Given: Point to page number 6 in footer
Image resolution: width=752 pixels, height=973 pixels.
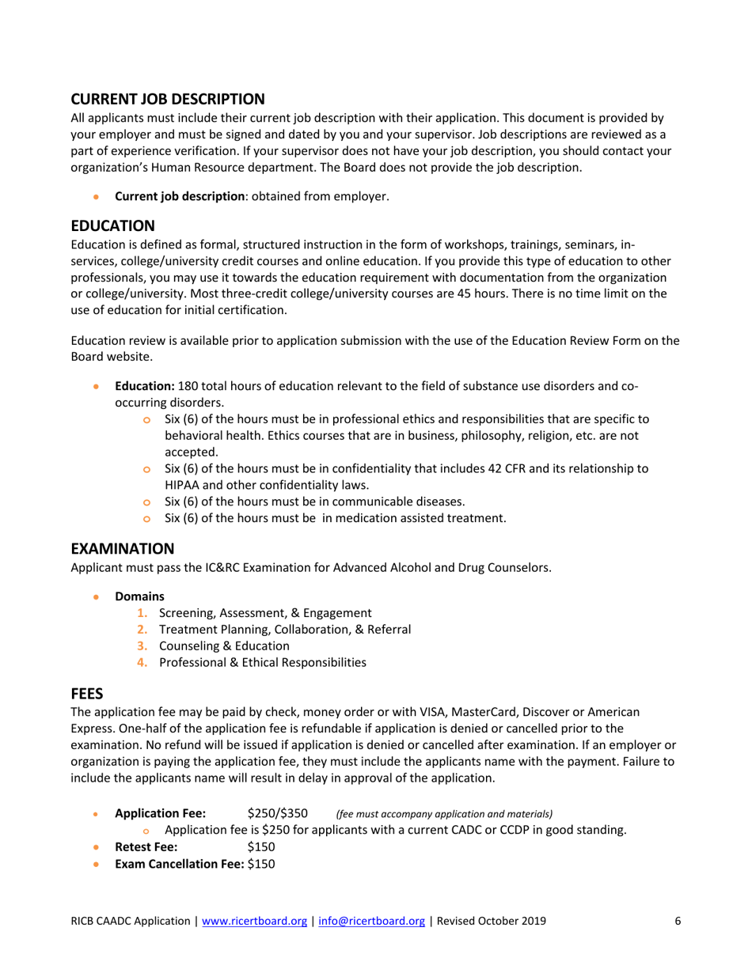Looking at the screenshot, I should pyautogui.click(x=678, y=921).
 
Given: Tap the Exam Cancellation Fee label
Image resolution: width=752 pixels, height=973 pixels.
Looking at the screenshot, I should pyautogui.click(x=180, y=865).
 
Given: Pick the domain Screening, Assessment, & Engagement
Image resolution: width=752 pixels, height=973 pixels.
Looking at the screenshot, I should pyautogui.click(x=264, y=611).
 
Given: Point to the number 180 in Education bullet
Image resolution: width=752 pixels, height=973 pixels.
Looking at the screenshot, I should pyautogui.click(x=189, y=386).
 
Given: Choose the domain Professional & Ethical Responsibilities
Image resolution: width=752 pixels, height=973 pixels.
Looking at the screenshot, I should pyautogui.click(x=262, y=663).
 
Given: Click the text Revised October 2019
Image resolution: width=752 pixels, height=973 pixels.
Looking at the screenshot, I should pyautogui.click(x=490, y=921).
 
